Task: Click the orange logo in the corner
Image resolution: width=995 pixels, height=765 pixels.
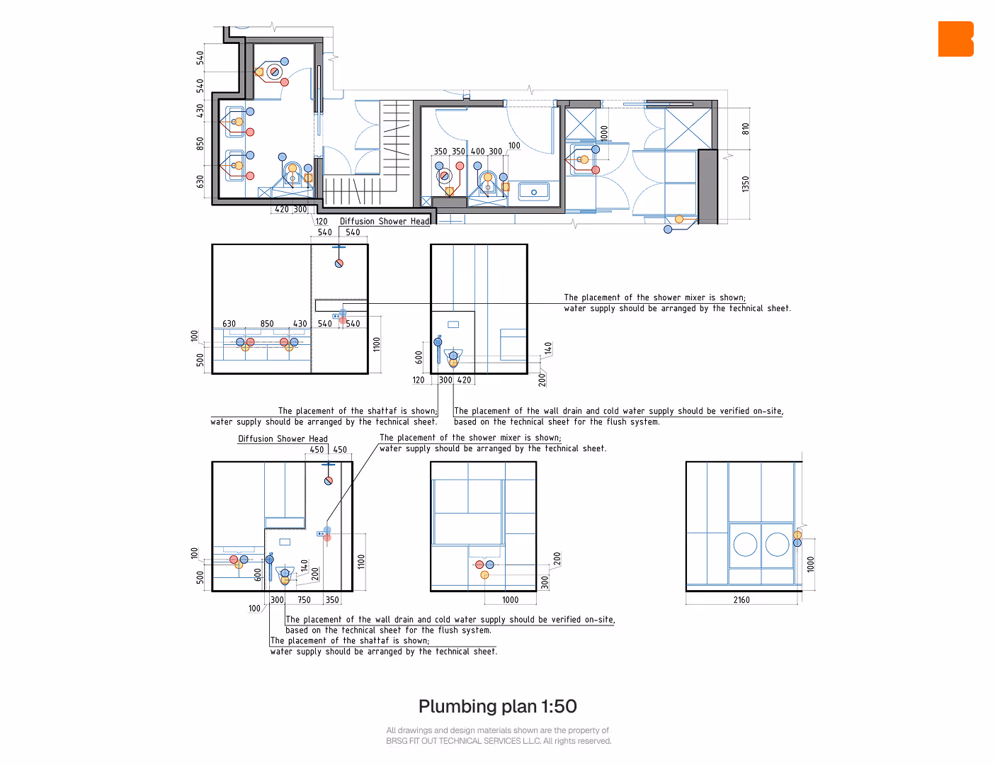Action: pos(955,39)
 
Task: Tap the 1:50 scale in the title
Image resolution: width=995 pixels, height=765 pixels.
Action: pos(558,706)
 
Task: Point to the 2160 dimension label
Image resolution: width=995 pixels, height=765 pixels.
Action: pos(741,600)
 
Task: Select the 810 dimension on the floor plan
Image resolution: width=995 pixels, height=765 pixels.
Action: pos(746,129)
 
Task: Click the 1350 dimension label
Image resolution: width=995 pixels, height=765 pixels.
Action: pos(746,184)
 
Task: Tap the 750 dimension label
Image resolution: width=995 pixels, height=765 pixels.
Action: pos(304,600)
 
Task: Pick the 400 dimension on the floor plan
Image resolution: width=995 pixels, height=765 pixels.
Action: pos(477,151)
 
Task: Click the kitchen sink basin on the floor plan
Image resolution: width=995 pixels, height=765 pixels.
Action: pos(533,191)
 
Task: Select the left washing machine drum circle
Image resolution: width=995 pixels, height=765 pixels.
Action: pos(745,544)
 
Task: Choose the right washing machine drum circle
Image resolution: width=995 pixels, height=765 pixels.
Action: pos(777,544)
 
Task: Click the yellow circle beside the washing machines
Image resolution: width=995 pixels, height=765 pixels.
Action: pos(797,535)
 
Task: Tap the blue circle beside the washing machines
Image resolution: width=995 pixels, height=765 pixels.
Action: pos(797,543)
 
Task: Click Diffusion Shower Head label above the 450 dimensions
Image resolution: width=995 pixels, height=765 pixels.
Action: pos(283,438)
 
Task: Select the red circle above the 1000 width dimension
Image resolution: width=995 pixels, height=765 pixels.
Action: pos(479,565)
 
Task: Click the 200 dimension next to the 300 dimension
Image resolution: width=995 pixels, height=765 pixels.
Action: pos(557,559)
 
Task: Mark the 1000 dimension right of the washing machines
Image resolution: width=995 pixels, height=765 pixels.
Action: pos(810,564)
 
